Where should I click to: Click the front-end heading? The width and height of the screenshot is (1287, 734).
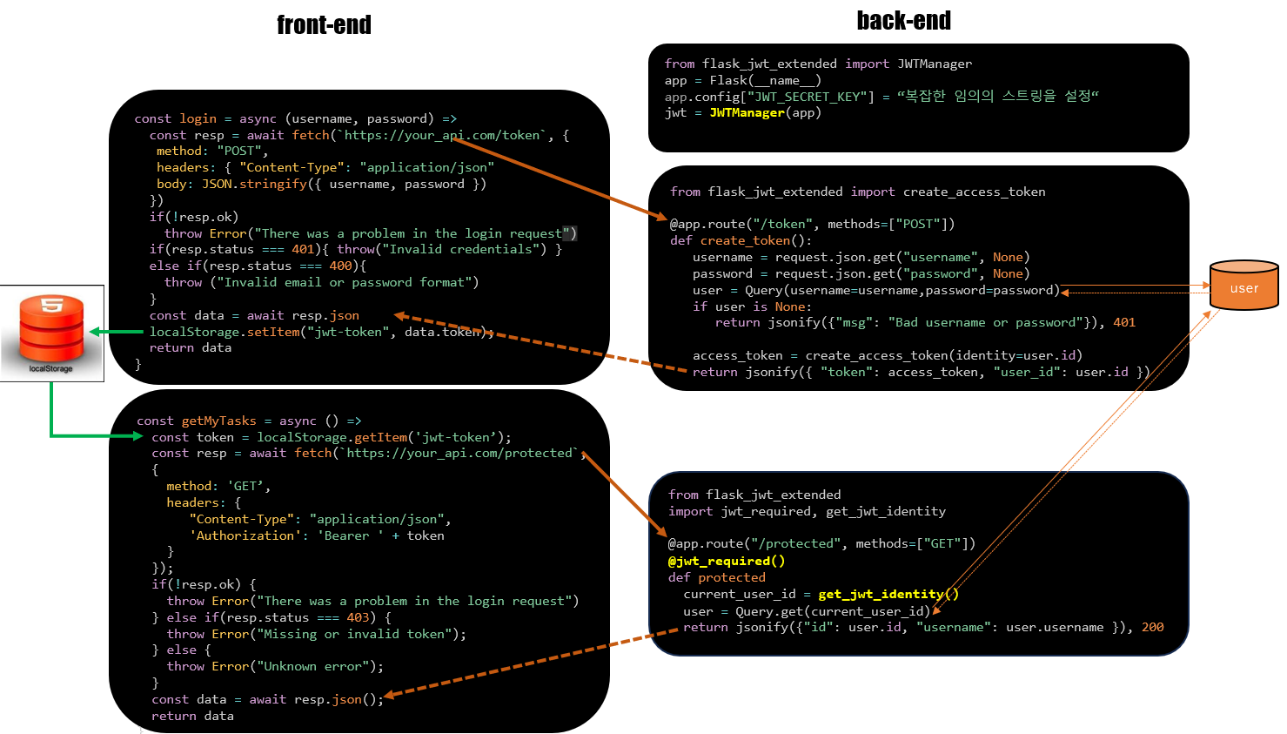coord(324,25)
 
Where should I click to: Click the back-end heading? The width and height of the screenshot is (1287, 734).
coord(903,21)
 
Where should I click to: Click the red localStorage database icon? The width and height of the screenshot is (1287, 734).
coord(52,328)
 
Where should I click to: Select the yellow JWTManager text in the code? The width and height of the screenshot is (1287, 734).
coord(747,112)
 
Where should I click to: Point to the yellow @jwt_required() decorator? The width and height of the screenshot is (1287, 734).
coord(727,561)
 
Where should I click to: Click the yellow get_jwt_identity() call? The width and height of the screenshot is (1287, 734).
coord(888,594)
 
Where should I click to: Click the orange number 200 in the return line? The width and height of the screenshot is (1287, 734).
coord(1152,627)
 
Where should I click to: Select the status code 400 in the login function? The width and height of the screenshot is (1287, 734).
coord(340,266)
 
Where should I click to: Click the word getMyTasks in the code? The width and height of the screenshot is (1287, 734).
coord(218,421)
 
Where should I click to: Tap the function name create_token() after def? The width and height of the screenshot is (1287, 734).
coord(755,240)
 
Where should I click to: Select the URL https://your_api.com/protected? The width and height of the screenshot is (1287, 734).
coord(459,453)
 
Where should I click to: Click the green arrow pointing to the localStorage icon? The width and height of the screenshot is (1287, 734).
coord(115,332)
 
